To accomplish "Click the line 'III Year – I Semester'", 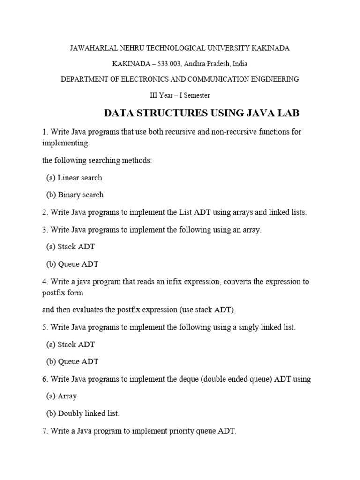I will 180,95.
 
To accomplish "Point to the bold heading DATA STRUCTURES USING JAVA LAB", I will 201,113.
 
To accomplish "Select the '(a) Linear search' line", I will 74,178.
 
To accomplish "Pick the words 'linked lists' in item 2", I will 287,212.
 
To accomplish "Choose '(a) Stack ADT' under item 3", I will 70,247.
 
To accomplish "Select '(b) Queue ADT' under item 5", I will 72,361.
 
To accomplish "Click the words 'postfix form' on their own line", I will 63,292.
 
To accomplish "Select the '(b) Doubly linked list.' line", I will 83,413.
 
